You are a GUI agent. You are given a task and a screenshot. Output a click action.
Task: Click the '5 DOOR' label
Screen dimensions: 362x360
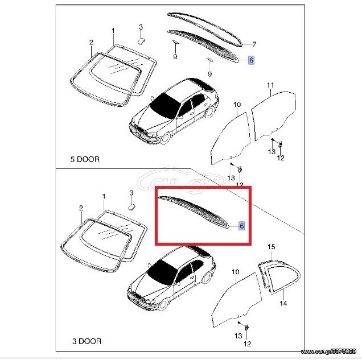[85, 159]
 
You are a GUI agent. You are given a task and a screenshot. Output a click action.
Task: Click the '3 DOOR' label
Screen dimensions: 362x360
[87, 341]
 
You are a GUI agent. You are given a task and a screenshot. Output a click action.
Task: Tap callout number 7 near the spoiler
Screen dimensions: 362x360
[254, 44]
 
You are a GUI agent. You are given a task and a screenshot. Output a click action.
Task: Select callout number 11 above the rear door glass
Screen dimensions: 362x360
[270, 85]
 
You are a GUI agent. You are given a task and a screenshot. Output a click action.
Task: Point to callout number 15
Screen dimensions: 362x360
[271, 247]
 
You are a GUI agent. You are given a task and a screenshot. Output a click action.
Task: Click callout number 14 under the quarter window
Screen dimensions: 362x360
[283, 303]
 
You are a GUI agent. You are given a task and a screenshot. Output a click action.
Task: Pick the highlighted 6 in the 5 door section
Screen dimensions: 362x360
[251, 60]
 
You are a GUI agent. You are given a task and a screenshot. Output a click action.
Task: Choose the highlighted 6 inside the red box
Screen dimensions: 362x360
[242, 226]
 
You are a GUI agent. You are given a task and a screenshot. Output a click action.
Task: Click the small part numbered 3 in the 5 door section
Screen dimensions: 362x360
[141, 41]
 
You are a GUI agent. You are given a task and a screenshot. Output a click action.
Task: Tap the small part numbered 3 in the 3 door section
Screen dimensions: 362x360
[132, 206]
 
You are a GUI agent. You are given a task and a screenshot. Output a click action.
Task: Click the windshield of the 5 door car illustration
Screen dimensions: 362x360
[164, 106]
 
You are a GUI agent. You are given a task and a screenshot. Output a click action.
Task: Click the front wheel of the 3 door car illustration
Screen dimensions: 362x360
[164, 304]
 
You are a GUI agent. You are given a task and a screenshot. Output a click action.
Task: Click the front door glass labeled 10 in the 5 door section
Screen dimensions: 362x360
[231, 138]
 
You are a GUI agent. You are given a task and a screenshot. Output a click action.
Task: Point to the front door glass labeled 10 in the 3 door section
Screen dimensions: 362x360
[236, 300]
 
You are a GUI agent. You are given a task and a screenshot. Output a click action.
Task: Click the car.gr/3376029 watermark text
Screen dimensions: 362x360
[328, 351]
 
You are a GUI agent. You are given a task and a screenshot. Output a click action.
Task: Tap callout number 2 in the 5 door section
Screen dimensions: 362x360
[92, 43]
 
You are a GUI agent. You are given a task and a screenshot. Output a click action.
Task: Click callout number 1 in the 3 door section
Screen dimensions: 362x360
[104, 197]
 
